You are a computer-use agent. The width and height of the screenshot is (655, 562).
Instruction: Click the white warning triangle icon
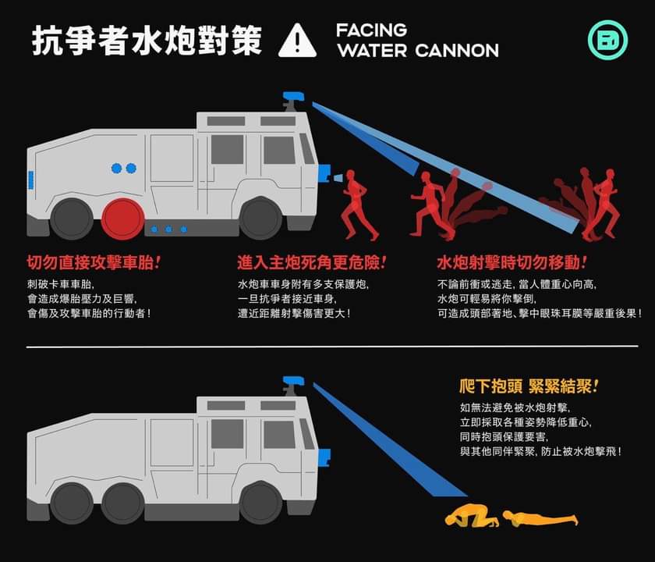point(297,41)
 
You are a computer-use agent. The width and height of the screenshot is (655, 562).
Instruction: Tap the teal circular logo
point(607,40)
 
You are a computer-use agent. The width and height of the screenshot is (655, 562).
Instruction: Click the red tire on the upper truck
point(123,219)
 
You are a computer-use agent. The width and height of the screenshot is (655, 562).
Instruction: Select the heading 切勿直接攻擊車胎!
point(94,262)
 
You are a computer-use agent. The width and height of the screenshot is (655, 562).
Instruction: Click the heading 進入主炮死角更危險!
point(312,262)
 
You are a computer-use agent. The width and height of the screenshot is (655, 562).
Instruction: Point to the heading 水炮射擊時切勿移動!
point(512,262)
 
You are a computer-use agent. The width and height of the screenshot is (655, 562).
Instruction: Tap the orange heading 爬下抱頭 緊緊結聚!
point(529,386)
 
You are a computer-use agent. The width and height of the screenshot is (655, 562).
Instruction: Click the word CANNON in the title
point(457,51)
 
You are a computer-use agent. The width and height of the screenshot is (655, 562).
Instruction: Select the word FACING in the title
point(371,30)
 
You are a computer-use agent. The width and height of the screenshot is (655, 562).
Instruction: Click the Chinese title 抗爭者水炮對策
point(147,40)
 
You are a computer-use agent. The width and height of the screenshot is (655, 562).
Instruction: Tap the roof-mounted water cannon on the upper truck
point(293,101)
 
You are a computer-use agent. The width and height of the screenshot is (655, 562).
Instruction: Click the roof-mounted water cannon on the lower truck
point(293,386)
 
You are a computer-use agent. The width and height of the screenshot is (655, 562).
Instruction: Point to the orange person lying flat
point(540,518)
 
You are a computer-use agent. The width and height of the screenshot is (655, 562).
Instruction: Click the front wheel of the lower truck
point(260,503)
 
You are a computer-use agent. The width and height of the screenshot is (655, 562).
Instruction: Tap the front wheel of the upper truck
point(260,219)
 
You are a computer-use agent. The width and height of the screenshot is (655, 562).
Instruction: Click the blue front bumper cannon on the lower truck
point(324,457)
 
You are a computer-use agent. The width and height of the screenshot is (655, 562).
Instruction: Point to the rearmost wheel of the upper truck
point(72,219)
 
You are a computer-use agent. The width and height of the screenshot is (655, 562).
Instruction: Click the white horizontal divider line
point(332,347)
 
